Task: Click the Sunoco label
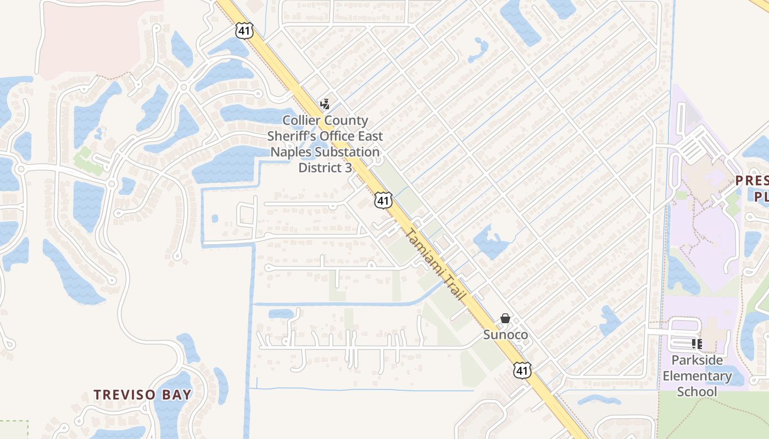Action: (505, 335)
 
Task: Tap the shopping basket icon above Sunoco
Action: (505, 318)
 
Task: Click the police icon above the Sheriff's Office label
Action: (325, 104)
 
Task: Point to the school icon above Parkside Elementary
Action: (697, 344)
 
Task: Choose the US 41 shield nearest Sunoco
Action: (522, 370)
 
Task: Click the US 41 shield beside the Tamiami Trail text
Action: (383, 200)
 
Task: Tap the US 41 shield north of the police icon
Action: (244, 31)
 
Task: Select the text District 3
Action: (325, 167)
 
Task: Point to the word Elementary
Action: (697, 376)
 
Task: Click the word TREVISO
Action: (120, 395)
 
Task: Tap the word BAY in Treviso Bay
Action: (177, 395)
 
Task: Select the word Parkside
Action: (697, 361)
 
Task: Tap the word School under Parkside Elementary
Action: (697, 391)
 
